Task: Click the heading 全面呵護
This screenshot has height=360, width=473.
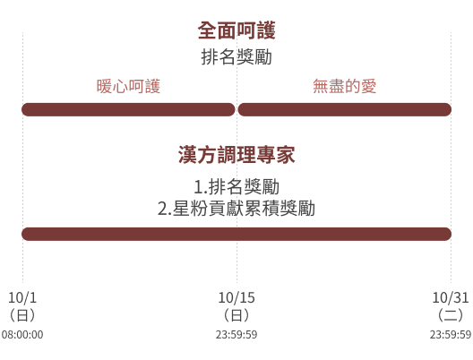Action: (x=236, y=30)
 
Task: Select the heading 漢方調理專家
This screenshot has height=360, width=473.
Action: (x=236, y=155)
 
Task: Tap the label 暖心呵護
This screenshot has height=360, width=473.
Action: (x=128, y=86)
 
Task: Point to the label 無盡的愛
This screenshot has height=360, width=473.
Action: (x=345, y=86)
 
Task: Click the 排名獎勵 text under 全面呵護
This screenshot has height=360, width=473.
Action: (x=236, y=57)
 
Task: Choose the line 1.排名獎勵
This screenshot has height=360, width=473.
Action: (x=236, y=187)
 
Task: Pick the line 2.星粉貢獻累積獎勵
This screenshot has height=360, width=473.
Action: (x=236, y=209)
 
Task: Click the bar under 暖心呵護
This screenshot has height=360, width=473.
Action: (x=128, y=109)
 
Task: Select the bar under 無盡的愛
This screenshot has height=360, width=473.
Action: (x=345, y=109)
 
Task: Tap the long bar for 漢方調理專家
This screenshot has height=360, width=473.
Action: (x=236, y=234)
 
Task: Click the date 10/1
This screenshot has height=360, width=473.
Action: (x=22, y=298)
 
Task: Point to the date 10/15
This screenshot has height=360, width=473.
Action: (x=236, y=298)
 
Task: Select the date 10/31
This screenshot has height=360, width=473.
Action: (x=451, y=298)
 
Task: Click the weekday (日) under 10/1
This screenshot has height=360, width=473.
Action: (x=22, y=315)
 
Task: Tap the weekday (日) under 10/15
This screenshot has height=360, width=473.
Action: (x=236, y=315)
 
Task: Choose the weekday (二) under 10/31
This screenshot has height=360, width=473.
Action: (x=451, y=315)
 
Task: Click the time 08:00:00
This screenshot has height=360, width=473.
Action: (x=22, y=335)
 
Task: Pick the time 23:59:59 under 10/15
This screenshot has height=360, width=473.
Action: (x=236, y=335)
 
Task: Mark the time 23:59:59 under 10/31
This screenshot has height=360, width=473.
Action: (x=451, y=335)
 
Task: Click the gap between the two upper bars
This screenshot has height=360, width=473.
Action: (x=236, y=109)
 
